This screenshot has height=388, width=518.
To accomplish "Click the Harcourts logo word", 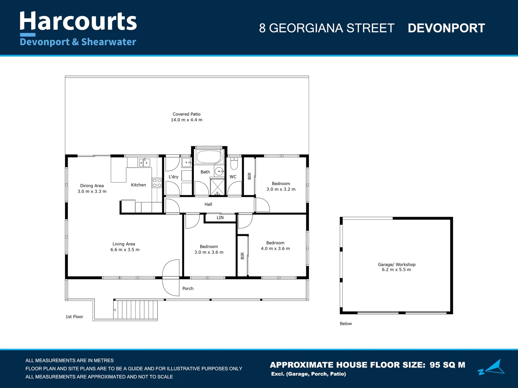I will click(78, 22).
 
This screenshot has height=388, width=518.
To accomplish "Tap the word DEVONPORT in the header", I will click(446, 28).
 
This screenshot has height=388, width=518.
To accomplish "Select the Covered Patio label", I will click(186, 114).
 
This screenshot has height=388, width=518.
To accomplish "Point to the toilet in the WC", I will click(234, 164).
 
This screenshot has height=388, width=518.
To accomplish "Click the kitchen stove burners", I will click(157, 183).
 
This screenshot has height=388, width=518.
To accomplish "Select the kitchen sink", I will click(145, 163).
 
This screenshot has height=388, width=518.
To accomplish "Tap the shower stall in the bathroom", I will click(217, 186).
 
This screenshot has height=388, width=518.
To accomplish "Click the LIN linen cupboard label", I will click(220, 218).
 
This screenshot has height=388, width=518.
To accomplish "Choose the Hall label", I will click(208, 204).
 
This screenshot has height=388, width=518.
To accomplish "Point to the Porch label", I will click(188, 288).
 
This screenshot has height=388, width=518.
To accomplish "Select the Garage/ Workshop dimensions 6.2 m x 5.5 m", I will click(396, 270).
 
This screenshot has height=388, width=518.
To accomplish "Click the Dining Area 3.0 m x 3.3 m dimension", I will click(92, 191).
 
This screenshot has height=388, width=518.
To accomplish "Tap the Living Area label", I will click(124, 244).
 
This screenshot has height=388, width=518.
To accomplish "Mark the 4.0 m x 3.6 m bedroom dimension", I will click(275, 249).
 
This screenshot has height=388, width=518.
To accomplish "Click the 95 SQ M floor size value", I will click(447, 365).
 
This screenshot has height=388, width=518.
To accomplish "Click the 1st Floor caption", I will click(74, 317).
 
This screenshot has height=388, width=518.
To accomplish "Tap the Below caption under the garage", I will click(346, 324).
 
